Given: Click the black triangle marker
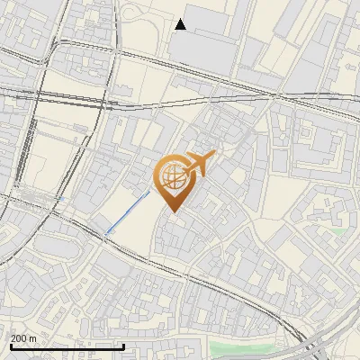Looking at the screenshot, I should click(181, 24).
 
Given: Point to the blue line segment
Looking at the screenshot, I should click(128, 213).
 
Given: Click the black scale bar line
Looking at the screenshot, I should click(67, 346).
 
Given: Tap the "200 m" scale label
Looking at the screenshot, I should click(23, 338).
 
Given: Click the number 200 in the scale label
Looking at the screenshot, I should click(19, 338).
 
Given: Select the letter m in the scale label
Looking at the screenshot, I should click(32, 338).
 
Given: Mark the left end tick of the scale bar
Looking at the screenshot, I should click(11, 345).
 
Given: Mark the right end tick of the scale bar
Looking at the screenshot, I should click(123, 345).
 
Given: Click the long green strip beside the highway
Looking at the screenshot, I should click(243, 347).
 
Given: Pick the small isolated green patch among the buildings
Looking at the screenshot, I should click(337, 231).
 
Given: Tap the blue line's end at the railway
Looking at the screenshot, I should click(106, 235).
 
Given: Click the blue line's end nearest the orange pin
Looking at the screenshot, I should click(149, 191).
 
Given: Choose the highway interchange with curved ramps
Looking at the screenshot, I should click(315, 346).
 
